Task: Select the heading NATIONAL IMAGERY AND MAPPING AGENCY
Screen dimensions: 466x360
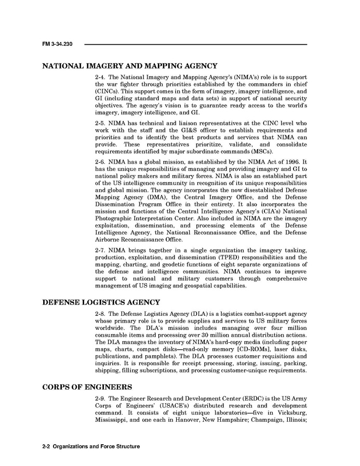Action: (x=129, y=66)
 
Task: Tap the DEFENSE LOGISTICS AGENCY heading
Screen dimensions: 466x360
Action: (x=101, y=303)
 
